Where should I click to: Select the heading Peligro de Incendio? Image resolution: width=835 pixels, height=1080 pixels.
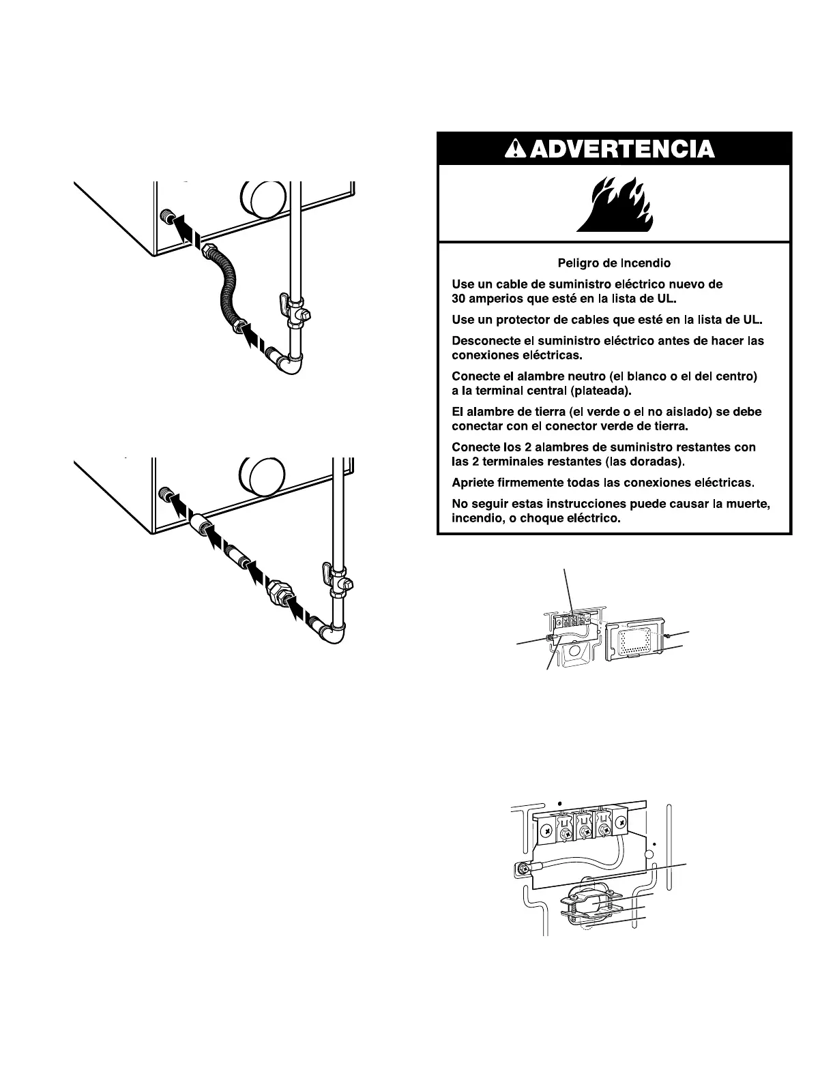point(614,262)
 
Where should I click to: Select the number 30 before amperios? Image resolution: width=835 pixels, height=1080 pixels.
point(459,299)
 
